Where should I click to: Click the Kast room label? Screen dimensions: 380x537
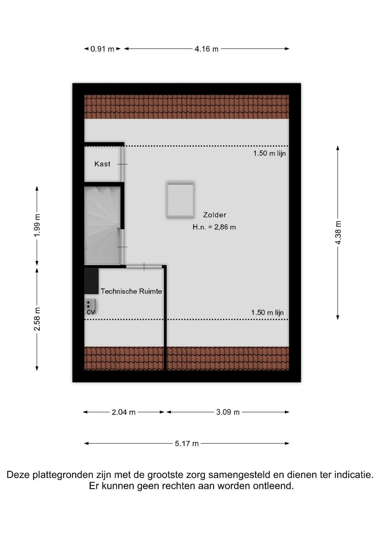coord(102,164)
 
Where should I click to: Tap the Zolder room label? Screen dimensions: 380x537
coord(215,215)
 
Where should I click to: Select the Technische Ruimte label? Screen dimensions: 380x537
coord(131,291)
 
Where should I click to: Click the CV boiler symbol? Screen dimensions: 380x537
coord(91,307)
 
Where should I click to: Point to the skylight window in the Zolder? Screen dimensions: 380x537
coord(181,200)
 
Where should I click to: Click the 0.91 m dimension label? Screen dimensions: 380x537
coord(102,49)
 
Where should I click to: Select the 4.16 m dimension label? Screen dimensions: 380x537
coord(206,49)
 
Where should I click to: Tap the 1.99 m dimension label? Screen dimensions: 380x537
coord(37,225)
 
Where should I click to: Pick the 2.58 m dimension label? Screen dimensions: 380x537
coord(37,319)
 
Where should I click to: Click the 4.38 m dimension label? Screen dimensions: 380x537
coord(338,233)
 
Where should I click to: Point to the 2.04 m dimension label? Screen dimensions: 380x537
coord(124,412)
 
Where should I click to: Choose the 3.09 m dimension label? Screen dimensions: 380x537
coord(228,412)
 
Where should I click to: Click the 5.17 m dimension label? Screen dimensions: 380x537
coord(187,444)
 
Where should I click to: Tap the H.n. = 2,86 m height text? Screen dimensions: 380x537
coord(214,227)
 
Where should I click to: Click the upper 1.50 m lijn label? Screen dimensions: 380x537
coord(270,153)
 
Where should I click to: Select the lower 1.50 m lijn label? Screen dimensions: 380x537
coord(267,312)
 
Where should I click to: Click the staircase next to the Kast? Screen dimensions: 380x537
coord(102,226)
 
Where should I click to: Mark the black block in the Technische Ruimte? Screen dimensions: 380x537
coord(91,281)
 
